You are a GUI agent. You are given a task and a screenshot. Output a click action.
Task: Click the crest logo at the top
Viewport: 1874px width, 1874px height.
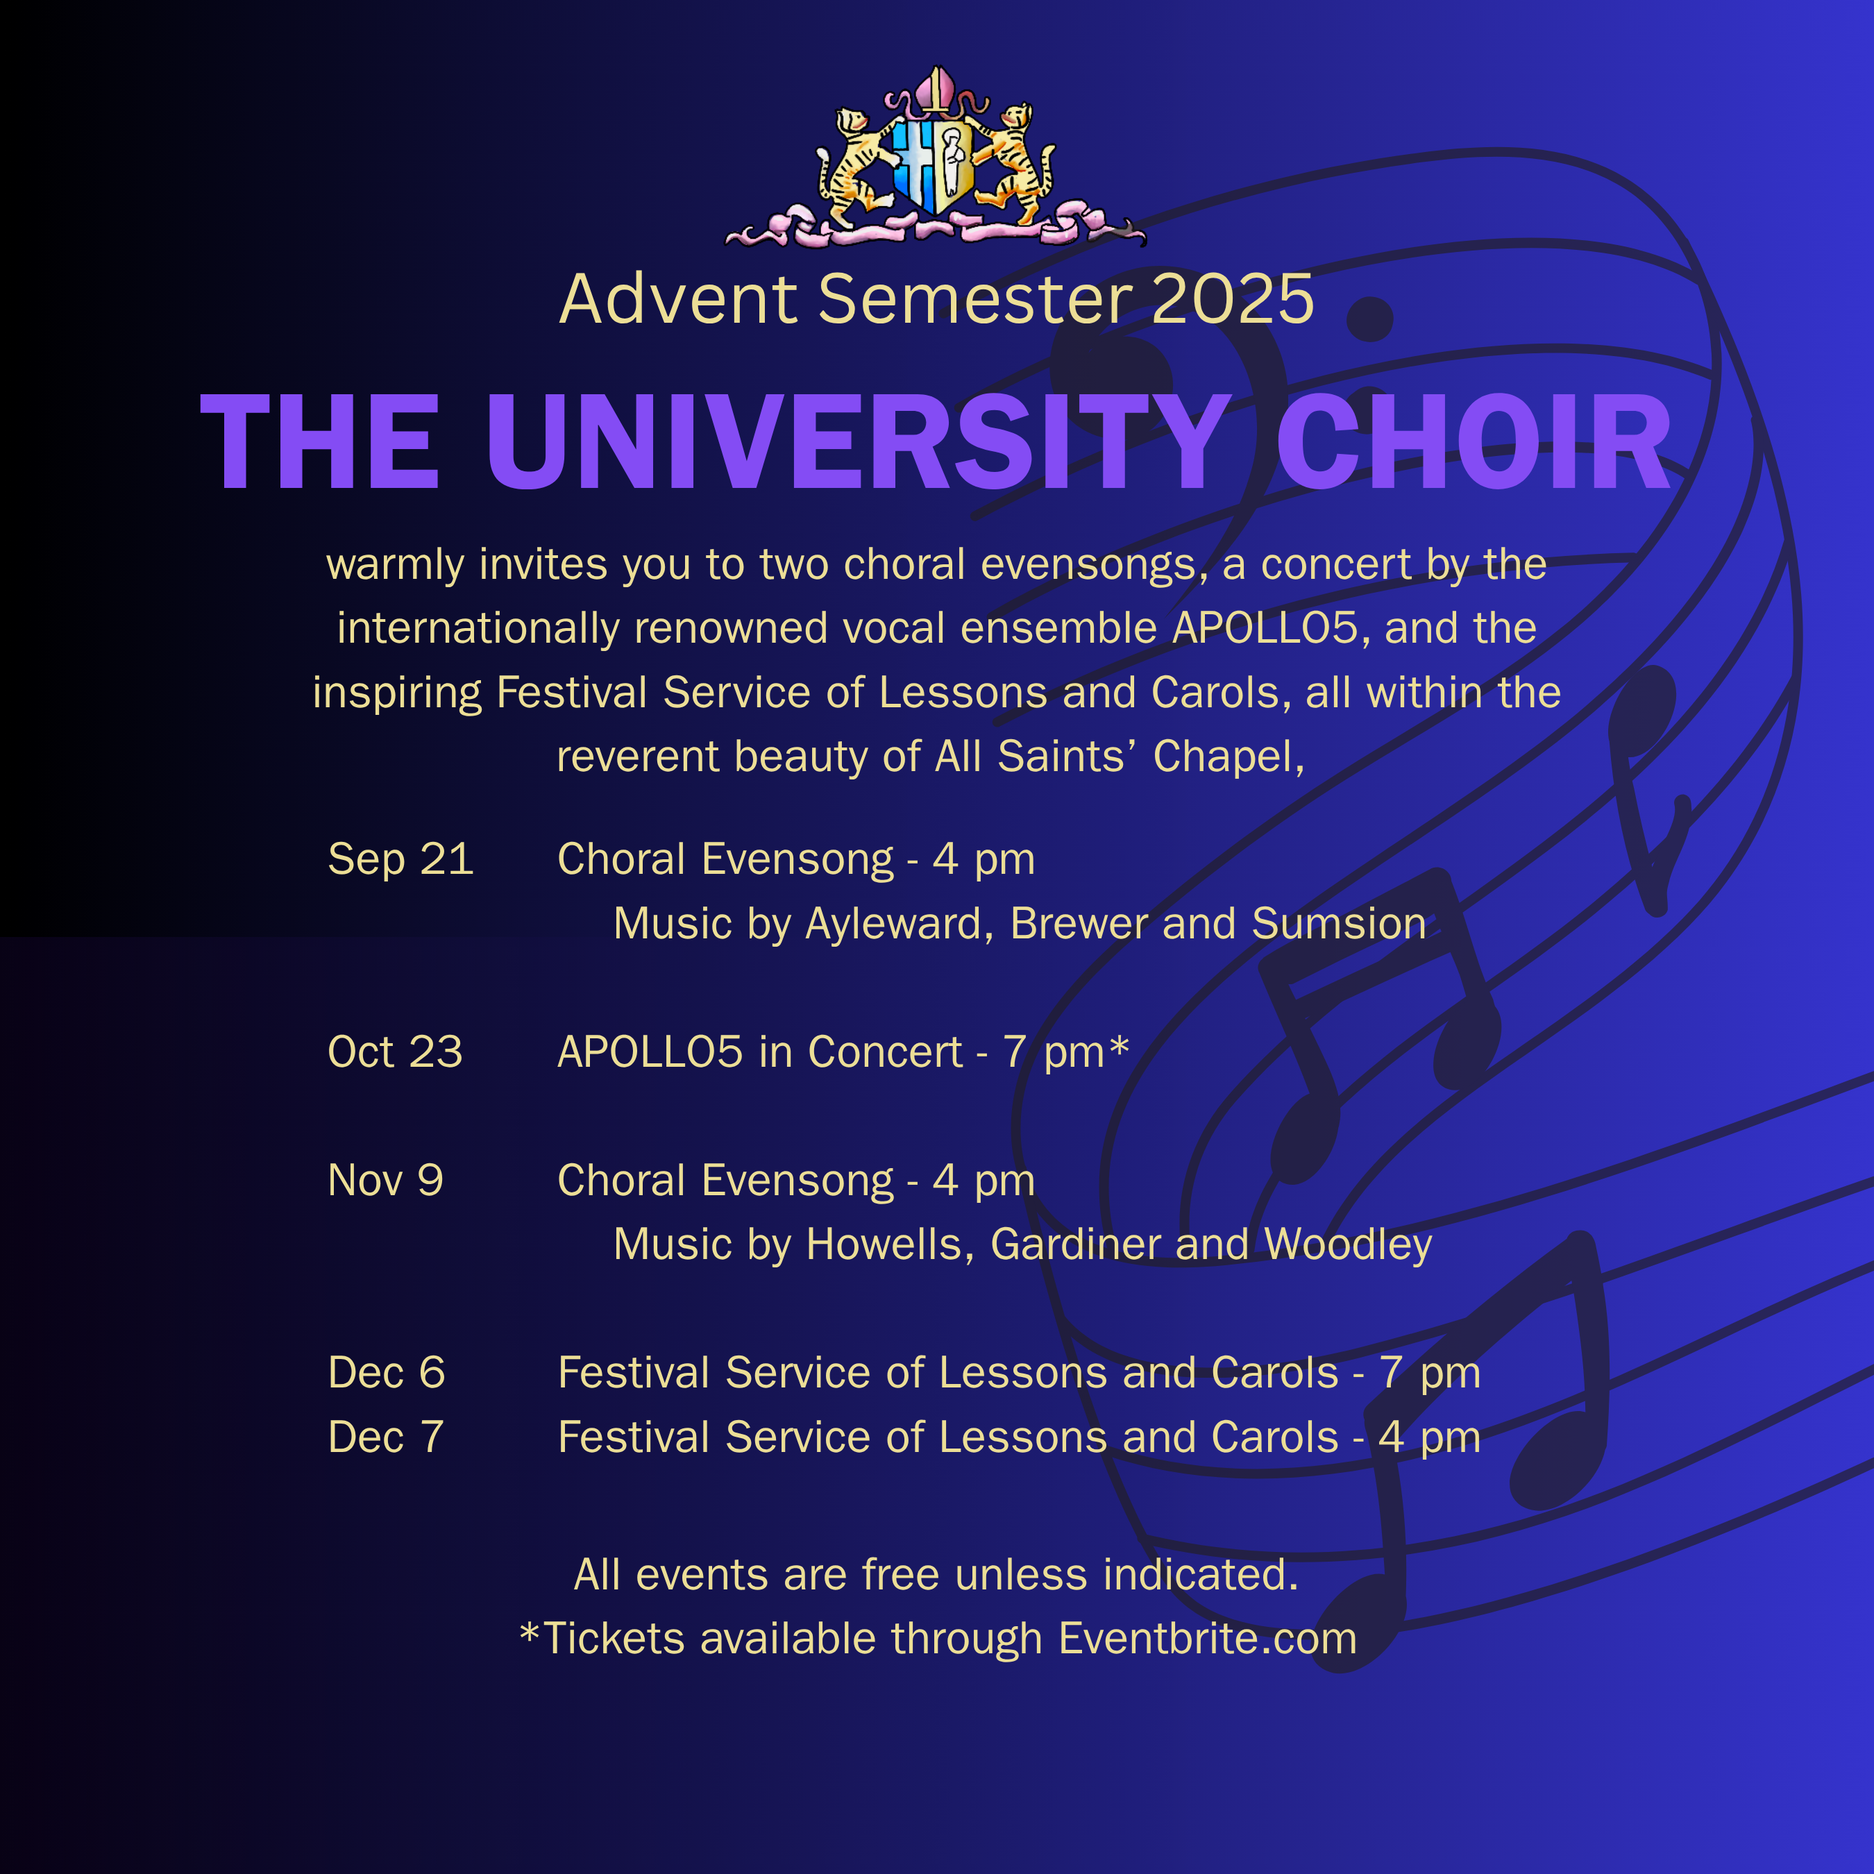click(935, 157)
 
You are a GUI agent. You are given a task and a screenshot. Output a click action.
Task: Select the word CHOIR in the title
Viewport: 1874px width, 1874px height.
click(1474, 444)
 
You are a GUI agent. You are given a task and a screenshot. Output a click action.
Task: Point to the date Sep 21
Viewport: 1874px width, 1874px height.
click(400, 859)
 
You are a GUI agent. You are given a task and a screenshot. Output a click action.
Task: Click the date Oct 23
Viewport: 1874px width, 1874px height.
click(396, 1052)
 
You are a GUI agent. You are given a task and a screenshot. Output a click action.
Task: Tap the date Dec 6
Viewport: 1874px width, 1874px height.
click(386, 1372)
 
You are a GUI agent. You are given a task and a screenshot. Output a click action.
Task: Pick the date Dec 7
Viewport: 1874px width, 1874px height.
click(385, 1437)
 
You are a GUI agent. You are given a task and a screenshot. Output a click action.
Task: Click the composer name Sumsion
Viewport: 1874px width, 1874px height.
click(1339, 923)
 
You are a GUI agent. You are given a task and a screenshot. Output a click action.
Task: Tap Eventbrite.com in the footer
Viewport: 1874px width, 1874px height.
click(1208, 1638)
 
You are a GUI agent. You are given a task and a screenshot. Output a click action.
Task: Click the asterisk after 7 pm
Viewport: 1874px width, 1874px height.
click(1120, 1046)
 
